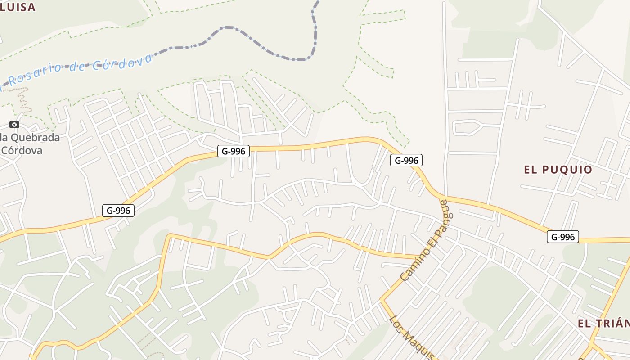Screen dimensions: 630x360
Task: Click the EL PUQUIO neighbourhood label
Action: tap(558, 170)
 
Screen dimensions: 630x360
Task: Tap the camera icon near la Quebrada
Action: tap(14, 125)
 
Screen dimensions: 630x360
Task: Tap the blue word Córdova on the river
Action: tap(122, 63)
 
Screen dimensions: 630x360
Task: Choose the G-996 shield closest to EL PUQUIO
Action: tap(562, 237)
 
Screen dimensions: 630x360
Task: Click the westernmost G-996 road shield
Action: tap(118, 210)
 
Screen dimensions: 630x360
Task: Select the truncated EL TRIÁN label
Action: tap(603, 323)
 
